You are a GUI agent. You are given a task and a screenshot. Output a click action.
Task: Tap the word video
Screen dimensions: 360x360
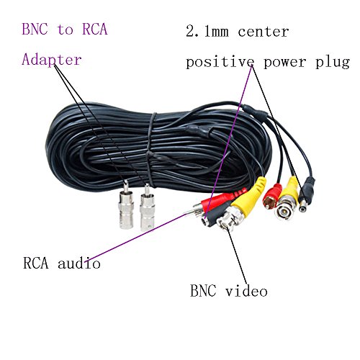pyautogui.click(x=246, y=291)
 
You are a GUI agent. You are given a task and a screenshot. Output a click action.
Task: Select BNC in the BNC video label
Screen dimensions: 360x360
pyautogui.click(x=203, y=291)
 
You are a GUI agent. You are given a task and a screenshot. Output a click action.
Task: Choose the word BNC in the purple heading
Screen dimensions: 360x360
pyautogui.click(x=36, y=30)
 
